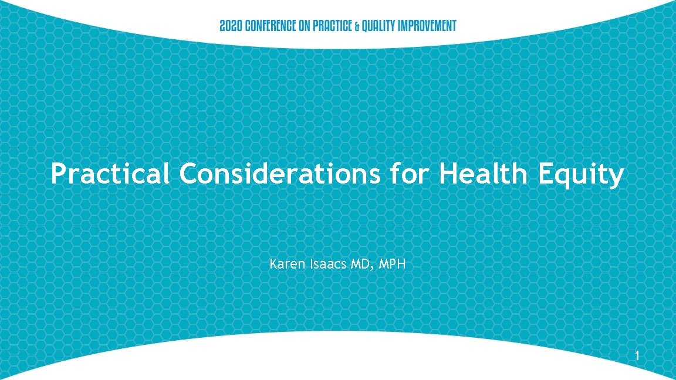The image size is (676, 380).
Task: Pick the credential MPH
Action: (393, 264)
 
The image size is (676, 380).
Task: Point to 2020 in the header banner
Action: (229, 26)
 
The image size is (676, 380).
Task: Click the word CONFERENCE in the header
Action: (269, 26)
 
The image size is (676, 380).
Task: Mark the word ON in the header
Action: (306, 26)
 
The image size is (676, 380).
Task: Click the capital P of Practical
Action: (58, 174)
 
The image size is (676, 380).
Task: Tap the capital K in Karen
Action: (273, 264)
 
